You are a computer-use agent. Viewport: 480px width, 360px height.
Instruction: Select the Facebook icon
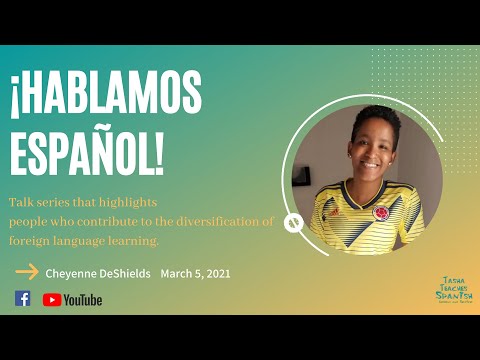point(22,298)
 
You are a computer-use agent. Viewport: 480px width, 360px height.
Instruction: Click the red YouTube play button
point(51,299)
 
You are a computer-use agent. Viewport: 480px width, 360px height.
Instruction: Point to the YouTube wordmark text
point(83,299)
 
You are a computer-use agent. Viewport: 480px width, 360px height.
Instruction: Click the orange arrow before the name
point(27,271)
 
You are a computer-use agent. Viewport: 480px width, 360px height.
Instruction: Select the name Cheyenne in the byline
point(72,272)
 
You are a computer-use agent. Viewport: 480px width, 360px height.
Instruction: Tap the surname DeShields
point(124,272)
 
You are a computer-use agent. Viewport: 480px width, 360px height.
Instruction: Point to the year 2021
point(216,272)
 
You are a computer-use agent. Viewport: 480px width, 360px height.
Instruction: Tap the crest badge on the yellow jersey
point(380,214)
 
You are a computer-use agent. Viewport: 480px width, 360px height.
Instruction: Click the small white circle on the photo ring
point(294,223)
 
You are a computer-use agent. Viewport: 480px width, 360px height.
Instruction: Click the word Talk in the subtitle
point(20,202)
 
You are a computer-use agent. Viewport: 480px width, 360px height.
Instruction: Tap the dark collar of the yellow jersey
point(354,193)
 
